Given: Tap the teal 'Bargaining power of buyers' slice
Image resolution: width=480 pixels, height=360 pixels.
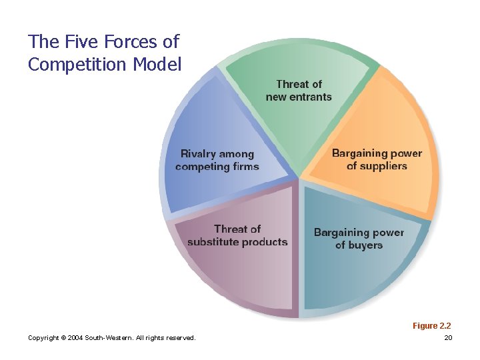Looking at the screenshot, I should [x=360, y=267].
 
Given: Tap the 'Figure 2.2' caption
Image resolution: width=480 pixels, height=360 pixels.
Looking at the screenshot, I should [x=431, y=326].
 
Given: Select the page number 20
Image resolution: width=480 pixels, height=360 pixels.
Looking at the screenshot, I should [x=448, y=338].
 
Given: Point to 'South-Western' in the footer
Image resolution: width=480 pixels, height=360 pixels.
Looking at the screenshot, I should [x=109, y=338].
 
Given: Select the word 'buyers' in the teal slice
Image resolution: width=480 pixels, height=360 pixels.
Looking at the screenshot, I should [x=365, y=245].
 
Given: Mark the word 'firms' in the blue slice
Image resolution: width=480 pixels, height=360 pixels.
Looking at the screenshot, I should [x=244, y=167].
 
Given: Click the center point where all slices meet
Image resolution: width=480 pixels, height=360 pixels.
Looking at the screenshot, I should [x=299, y=179].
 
